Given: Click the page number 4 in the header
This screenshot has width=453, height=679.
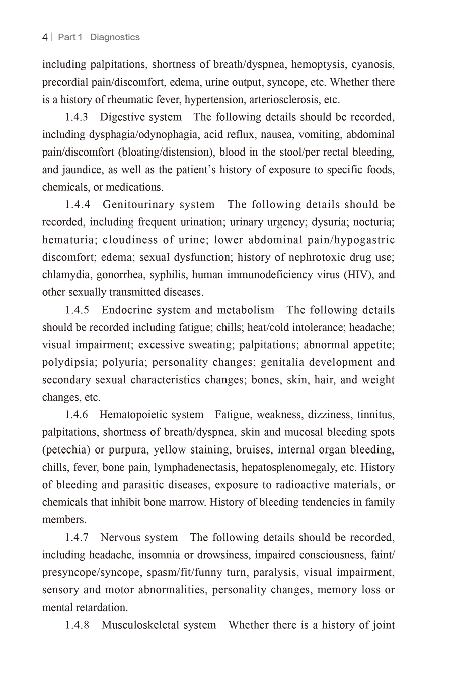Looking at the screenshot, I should (x=45, y=37).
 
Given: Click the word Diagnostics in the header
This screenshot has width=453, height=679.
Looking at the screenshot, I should (x=115, y=37).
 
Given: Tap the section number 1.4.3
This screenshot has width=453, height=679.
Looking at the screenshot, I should (x=77, y=117).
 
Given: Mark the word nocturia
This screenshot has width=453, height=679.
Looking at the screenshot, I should (x=375, y=222).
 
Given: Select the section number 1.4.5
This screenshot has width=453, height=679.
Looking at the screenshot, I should (x=77, y=310).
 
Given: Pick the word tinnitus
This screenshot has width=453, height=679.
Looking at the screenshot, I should (x=376, y=415).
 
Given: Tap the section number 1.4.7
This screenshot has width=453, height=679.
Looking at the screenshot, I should (x=77, y=538).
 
